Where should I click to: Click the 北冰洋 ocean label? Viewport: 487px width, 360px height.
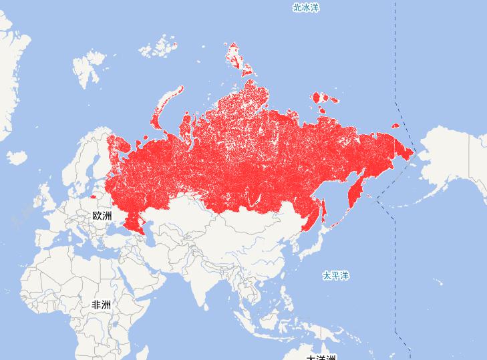click(306, 8)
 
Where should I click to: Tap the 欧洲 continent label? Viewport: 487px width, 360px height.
click(102, 216)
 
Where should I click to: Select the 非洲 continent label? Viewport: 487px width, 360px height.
click(101, 305)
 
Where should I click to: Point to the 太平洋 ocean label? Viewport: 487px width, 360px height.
click(335, 275)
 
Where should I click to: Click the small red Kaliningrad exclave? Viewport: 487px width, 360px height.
click(92, 198)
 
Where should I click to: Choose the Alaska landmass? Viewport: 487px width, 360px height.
click(454, 160)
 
